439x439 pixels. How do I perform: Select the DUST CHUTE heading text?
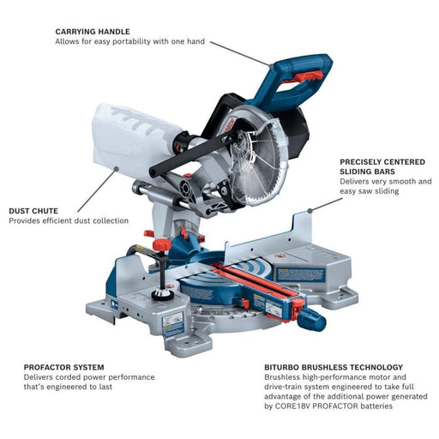click(x=35, y=210)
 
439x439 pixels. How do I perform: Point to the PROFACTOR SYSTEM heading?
click(x=63, y=366)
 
